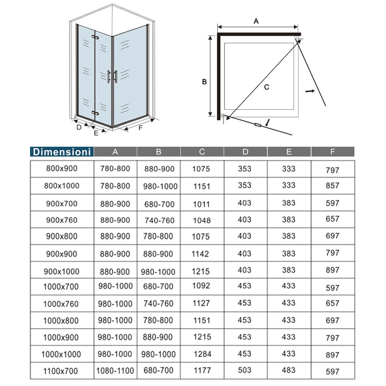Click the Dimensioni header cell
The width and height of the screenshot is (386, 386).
tap(62, 152)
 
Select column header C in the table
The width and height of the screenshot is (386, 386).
tap(202, 152)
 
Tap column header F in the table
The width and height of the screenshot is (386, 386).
tap(332, 152)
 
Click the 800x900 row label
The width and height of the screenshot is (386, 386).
tap(61, 168)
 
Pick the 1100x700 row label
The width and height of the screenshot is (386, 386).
tap(61, 371)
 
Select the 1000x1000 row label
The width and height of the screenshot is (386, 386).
tap(62, 354)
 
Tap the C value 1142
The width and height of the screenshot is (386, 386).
tap(200, 254)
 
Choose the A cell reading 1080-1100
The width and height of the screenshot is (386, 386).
tap(115, 371)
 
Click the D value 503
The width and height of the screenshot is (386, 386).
tap(245, 371)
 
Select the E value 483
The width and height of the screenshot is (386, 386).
tap(289, 371)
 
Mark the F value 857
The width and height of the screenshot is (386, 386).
tap(332, 185)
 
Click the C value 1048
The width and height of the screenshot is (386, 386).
tap(202, 220)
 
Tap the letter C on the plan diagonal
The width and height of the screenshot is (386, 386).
tap(266, 87)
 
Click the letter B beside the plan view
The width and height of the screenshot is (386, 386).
tap(205, 82)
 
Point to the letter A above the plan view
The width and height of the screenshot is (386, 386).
tap(256, 22)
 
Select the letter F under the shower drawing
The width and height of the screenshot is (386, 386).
tap(141, 127)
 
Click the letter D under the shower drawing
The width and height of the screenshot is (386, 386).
tap(79, 127)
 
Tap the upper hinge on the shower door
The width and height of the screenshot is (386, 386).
tap(95, 37)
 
